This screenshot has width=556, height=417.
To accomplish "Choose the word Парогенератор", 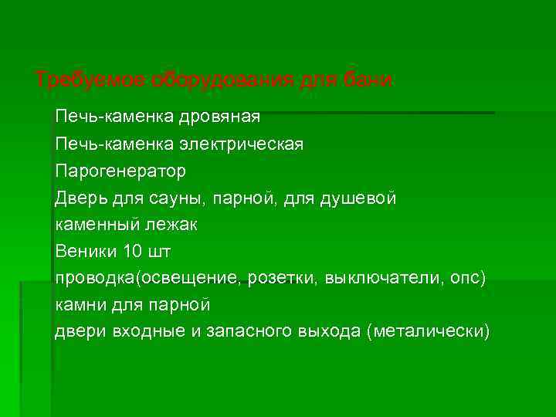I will pyautogui.click(x=120, y=171).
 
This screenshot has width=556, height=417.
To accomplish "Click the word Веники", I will pyautogui.click(x=86, y=251).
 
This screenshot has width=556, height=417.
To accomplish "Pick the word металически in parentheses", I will pyautogui.click(x=429, y=331).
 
